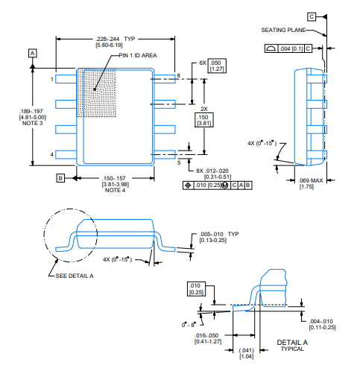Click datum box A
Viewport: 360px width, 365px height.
(x=33, y=54)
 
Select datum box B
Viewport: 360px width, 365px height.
(x=60, y=178)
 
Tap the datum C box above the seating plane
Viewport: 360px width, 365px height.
(x=312, y=16)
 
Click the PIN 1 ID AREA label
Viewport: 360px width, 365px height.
(x=138, y=55)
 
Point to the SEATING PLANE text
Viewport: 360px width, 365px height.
(x=283, y=30)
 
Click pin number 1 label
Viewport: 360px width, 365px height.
(x=52, y=79)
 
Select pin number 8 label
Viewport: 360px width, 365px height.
(x=179, y=75)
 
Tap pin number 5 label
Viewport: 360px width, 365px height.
(x=179, y=163)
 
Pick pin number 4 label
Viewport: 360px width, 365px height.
(x=52, y=154)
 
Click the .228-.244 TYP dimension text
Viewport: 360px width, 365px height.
(x=116, y=39)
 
